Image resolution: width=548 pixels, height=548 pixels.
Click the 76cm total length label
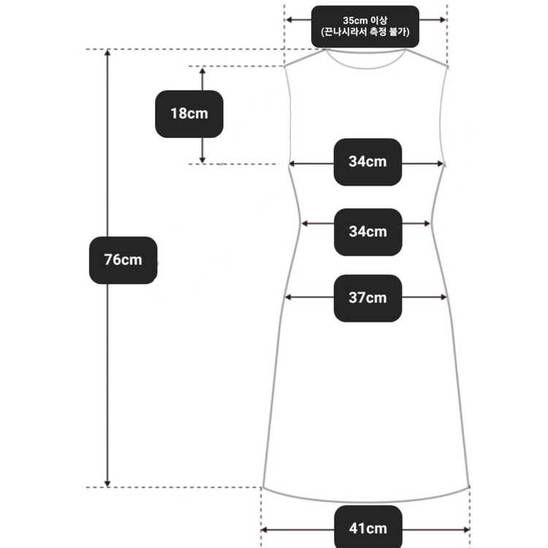pyautogui.click(x=123, y=260)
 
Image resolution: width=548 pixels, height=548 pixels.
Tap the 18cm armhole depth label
pyautogui.click(x=189, y=114)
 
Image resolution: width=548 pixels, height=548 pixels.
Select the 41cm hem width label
pyautogui.click(x=368, y=528)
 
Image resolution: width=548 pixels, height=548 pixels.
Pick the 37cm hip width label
pyautogui.click(x=368, y=298)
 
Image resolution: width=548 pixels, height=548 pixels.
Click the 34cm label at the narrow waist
pyautogui.click(x=368, y=232)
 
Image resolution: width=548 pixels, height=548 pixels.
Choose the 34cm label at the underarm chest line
pyautogui.click(x=368, y=161)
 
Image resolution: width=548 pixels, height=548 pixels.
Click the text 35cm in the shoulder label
pyautogui.click(x=354, y=20)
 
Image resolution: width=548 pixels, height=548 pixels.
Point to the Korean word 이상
pyautogui.click(x=378, y=20)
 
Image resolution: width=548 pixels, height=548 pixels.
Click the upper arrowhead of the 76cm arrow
pyautogui.click(x=107, y=53)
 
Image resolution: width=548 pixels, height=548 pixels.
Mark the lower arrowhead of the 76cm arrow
pyautogui.click(x=107, y=484)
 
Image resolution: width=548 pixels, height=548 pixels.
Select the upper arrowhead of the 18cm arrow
pyautogui.click(x=202, y=70)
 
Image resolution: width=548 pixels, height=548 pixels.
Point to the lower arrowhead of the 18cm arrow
pyautogui.click(x=202, y=160)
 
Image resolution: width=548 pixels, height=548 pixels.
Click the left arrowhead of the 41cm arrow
pyautogui.click(x=265, y=530)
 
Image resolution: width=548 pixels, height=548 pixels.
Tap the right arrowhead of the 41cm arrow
pyautogui.click(x=466, y=530)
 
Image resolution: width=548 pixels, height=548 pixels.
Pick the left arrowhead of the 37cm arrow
pyautogui.click(x=289, y=297)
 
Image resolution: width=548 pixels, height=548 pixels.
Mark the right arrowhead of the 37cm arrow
pyautogui.click(x=444, y=297)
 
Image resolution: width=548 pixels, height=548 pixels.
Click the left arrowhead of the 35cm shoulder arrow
pyautogui.click(x=289, y=20)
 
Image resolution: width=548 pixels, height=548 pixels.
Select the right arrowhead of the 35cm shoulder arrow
pyautogui.click(x=443, y=20)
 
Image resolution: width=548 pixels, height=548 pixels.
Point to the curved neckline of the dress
pyautogui.click(x=365, y=68)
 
